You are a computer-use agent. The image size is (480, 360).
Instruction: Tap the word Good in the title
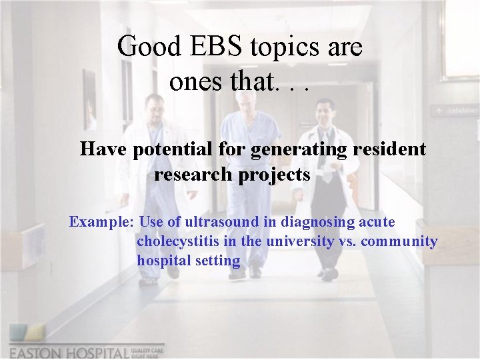coord(148,47)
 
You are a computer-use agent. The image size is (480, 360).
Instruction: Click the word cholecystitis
coord(177,241)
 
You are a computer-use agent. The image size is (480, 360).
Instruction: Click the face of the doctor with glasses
coord(325,110)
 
